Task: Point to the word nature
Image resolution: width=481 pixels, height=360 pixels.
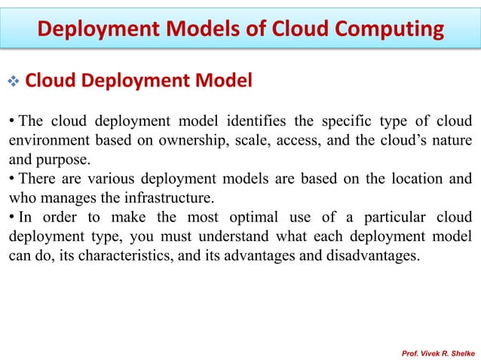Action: (x=452, y=141)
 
